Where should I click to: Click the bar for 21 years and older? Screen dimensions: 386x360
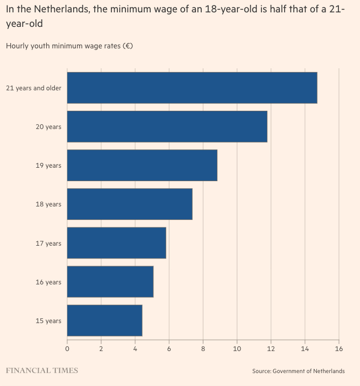192,88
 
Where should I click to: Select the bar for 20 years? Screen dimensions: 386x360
167,126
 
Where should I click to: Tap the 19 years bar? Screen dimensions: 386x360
142,165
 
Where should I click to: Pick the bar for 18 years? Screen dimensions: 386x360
130,204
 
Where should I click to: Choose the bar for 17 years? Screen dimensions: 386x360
116,243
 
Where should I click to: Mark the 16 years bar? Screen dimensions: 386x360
110,282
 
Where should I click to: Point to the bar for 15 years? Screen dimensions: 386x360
104,320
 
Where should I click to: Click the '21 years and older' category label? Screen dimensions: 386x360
33,88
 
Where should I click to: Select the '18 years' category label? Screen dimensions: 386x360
48,204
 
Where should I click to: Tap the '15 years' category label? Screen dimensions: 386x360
48,321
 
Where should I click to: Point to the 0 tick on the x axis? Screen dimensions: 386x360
67,348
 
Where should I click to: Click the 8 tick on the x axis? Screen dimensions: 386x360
203,348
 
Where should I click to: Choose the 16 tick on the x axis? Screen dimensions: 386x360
338,348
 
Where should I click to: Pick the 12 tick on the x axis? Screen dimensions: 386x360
271,348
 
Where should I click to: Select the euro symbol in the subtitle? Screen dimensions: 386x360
127,46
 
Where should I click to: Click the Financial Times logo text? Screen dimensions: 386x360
42,370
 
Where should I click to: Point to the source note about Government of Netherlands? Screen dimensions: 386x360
298,371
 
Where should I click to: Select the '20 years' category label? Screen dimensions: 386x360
48,127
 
